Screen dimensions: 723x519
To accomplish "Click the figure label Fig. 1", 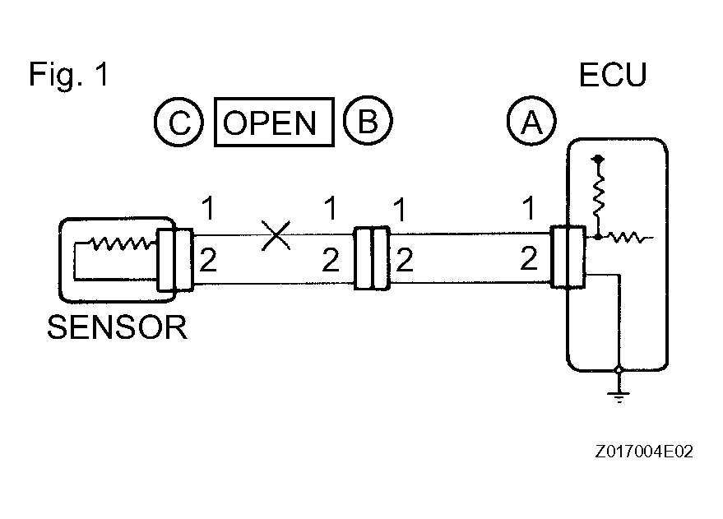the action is point(69,74).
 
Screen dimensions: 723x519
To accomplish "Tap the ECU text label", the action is point(613,75).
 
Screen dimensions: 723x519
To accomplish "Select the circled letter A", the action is point(531,121).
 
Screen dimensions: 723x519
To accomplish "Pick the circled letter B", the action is point(368,121).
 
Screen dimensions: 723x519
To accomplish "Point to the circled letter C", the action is point(179,123).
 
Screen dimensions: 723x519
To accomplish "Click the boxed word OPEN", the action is point(275,123).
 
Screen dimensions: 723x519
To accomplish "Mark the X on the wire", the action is point(276,235).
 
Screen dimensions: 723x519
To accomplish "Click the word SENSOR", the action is point(117,327).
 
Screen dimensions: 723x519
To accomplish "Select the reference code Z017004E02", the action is point(644,452).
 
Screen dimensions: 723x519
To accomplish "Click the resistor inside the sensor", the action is point(121,243).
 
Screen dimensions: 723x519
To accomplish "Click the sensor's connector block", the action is point(174,260).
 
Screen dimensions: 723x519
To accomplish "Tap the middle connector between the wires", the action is point(372,258).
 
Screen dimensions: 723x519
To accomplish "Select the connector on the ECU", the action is point(568,257).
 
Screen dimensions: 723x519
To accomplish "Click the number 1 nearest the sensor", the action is point(208,208).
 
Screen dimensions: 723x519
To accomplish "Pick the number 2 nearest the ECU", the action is point(529,258).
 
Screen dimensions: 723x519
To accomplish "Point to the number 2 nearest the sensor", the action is point(208,261).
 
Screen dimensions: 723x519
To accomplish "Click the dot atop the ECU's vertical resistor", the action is point(599,159).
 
